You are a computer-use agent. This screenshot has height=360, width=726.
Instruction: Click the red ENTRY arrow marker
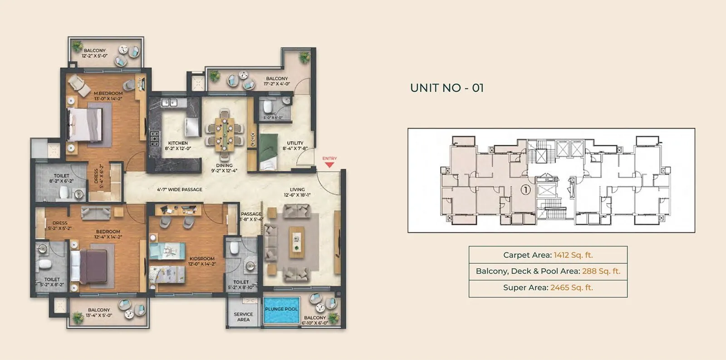pyautogui.click(x=329, y=164)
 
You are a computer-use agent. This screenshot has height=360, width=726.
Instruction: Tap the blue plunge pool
pyautogui.click(x=281, y=310)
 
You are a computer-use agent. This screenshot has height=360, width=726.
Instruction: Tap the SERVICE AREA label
pyautogui.click(x=243, y=317)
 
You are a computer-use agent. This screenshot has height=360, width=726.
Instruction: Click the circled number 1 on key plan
pyautogui.click(x=525, y=190)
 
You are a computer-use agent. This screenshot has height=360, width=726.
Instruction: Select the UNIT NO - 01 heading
pyautogui.click(x=446, y=88)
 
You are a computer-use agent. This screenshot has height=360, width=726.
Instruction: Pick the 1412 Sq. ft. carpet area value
pyautogui.click(x=573, y=255)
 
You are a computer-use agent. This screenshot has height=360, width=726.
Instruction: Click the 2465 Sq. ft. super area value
pyautogui.click(x=571, y=287)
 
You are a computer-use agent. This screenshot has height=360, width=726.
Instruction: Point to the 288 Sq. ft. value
pyautogui.click(x=601, y=271)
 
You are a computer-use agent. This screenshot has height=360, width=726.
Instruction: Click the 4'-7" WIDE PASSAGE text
pyautogui.click(x=180, y=189)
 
